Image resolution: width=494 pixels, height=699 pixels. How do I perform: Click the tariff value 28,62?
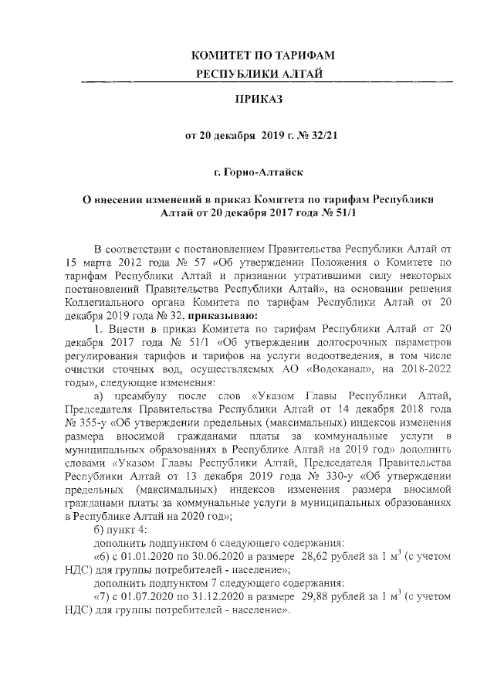(322, 557)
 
